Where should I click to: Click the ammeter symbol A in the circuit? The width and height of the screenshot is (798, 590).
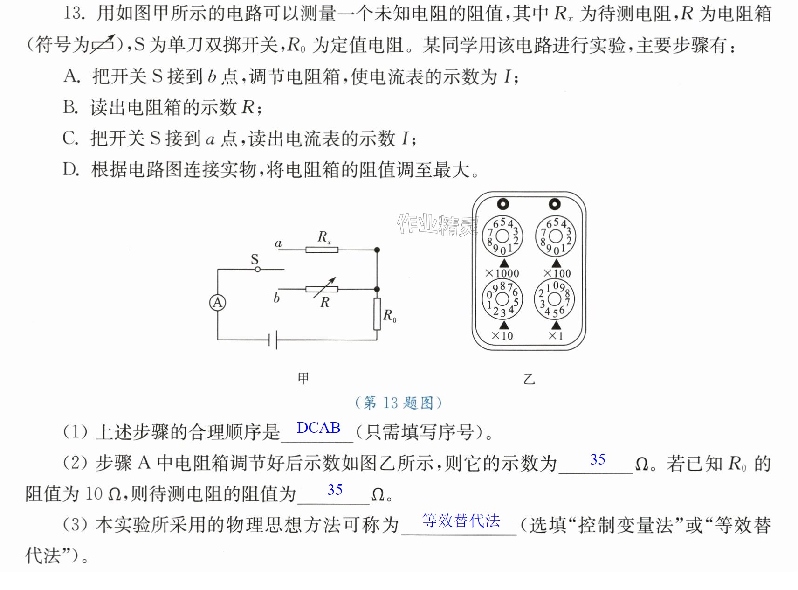(218, 303)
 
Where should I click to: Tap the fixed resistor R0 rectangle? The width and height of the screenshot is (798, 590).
(377, 314)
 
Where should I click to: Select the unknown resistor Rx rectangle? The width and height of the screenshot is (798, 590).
(322, 250)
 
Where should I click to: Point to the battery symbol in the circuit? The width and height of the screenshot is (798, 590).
(273, 340)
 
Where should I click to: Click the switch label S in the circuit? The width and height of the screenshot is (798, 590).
(255, 259)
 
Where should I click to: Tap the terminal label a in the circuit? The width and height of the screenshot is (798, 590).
(278, 243)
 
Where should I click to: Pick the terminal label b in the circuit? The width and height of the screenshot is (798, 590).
(276, 297)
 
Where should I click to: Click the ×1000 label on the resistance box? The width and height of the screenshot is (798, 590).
(502, 273)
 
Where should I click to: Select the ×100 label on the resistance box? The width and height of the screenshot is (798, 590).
(557, 273)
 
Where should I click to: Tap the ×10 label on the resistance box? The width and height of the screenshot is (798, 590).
(502, 336)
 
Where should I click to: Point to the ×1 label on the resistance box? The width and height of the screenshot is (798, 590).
(556, 336)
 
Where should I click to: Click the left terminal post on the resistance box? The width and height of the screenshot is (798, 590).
(503, 204)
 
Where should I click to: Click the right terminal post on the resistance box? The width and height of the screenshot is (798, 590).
(555, 204)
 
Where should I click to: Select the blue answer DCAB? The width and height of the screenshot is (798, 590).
(319, 428)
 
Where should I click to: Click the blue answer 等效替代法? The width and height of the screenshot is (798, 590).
(461, 520)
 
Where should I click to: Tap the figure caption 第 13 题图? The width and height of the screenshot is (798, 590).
(399, 403)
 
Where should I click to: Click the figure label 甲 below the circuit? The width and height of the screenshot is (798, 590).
(303, 378)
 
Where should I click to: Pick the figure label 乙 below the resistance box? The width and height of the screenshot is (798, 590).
(529, 379)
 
